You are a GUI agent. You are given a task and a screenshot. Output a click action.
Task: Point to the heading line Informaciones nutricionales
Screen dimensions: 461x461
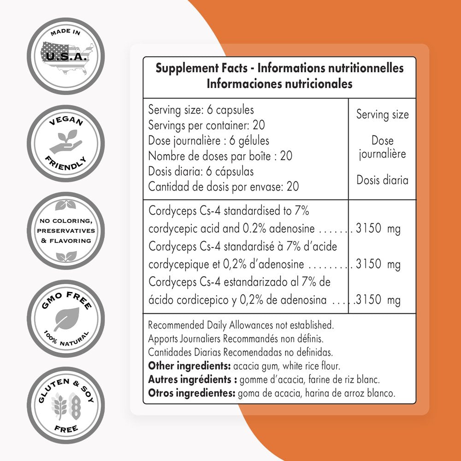(x=279, y=84)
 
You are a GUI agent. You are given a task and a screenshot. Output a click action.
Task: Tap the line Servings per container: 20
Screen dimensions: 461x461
(x=207, y=125)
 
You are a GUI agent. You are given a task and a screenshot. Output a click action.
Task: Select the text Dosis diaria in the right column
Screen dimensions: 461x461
(x=382, y=180)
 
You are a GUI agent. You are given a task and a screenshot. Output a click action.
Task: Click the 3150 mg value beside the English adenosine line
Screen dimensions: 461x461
(x=378, y=229)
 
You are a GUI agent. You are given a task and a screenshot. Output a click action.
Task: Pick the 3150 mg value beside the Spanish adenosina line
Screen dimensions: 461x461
(x=378, y=301)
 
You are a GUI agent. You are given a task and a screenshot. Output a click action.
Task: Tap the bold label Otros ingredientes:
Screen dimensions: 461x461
(x=191, y=394)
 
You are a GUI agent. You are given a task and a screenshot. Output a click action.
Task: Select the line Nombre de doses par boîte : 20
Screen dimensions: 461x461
(x=220, y=156)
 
